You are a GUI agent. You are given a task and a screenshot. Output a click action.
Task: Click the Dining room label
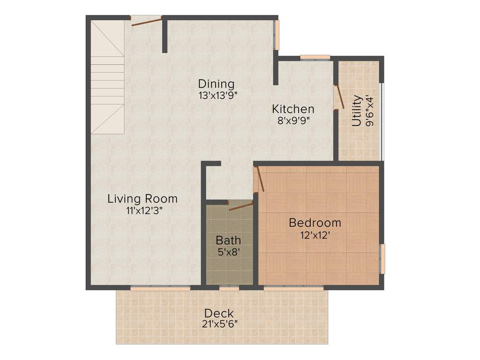pyautogui.click(x=216, y=84)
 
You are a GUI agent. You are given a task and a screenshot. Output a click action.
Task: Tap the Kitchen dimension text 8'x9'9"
pyautogui.click(x=293, y=120)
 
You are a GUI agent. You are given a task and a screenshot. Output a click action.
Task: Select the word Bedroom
pyautogui.click(x=315, y=222)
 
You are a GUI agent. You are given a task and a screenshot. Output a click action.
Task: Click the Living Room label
pyautogui.click(x=142, y=198)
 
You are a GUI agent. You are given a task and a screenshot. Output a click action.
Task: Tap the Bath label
pyautogui.click(x=228, y=240)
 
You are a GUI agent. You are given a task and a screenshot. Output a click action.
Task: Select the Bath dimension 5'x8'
pyautogui.click(x=228, y=253)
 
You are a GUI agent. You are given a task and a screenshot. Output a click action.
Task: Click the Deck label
pyautogui.click(x=218, y=313)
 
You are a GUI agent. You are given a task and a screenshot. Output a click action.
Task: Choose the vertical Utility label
pyautogui.click(x=357, y=111)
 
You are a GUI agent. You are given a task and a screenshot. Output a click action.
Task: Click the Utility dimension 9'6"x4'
pyautogui.click(x=370, y=111)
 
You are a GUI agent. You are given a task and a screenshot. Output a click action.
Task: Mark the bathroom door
pyautogui.click(x=240, y=206)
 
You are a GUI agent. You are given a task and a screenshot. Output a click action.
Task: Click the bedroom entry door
pyautogui.click(x=259, y=180)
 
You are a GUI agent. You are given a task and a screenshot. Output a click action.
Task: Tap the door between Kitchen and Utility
pyautogui.click(x=339, y=97)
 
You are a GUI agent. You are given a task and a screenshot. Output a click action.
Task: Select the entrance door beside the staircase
pyautogui.click(x=146, y=21)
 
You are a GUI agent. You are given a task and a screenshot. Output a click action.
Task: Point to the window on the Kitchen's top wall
pyautogui.click(x=315, y=58)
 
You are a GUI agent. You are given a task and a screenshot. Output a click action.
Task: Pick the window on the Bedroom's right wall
pyautogui.click(x=382, y=259)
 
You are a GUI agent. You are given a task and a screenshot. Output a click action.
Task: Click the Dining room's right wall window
pyautogui.click(x=277, y=34)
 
